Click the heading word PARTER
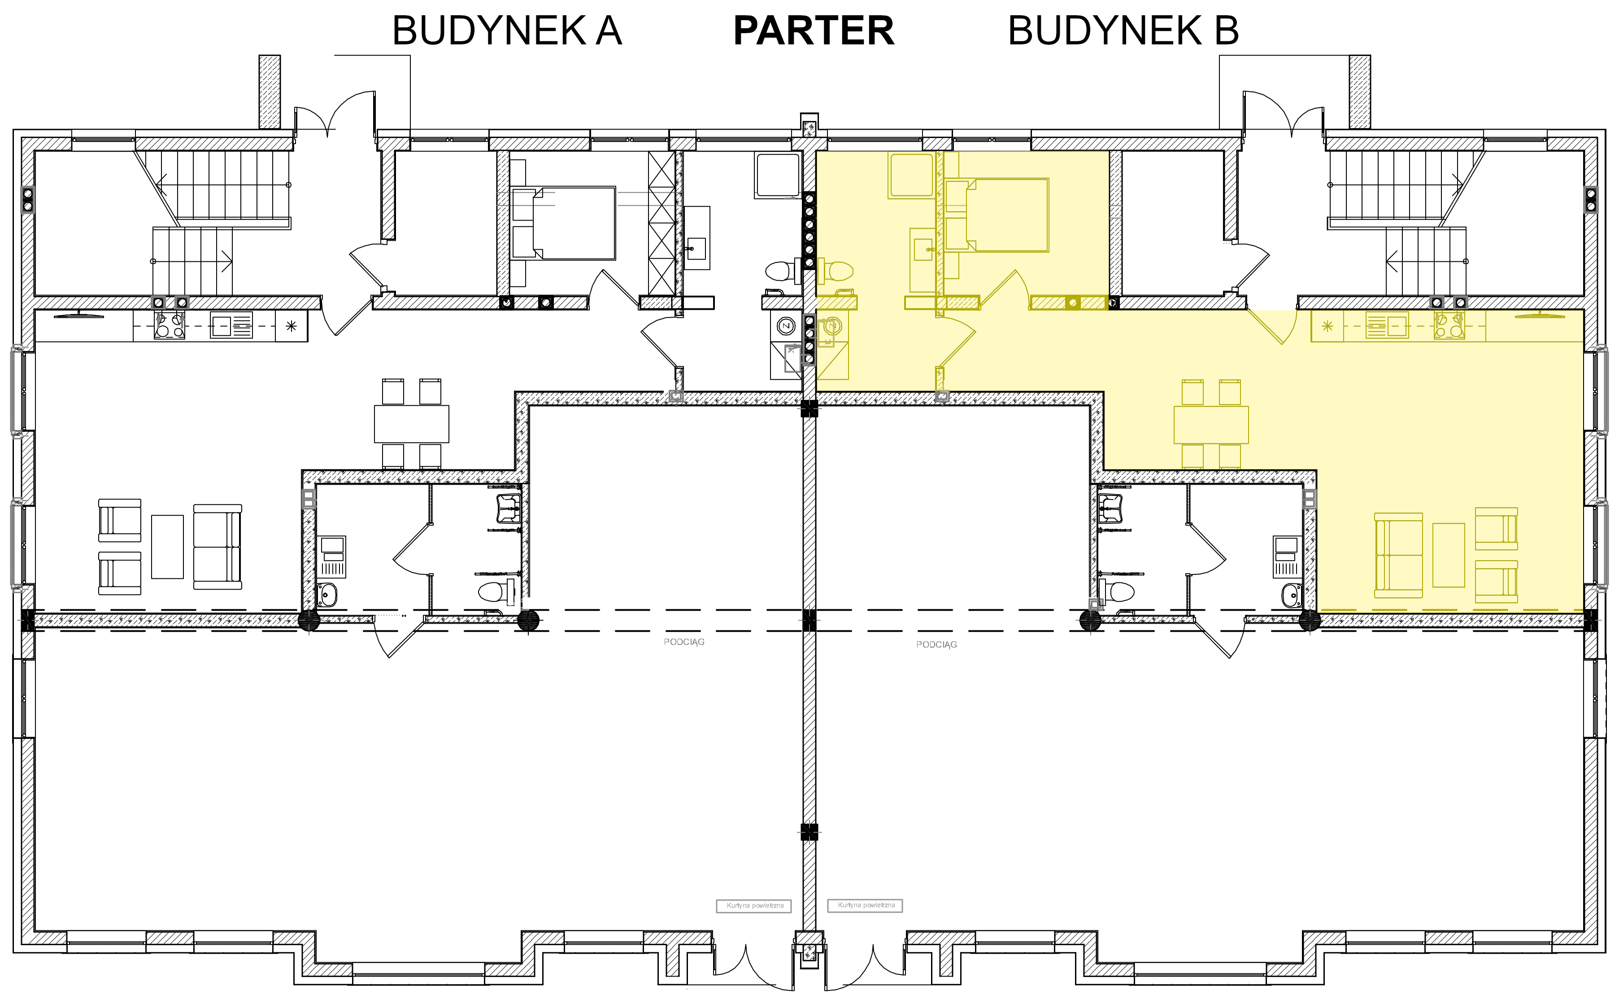coord(814,31)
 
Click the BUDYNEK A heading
coord(507,31)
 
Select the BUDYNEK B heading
coord(1123,31)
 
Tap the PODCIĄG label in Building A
coord(684,642)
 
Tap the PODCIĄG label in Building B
coord(936,644)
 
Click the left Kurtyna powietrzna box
coord(754,906)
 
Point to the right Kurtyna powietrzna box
coord(866,905)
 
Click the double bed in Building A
coord(564,223)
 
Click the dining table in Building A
coord(411,424)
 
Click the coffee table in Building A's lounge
coord(167,547)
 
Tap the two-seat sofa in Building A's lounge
coord(217,547)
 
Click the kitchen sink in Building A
coord(231,325)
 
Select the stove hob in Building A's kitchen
coord(169,325)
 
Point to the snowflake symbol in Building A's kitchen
coord(291,326)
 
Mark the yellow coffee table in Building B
coord(1449,555)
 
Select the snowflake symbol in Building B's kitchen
coord(1327,326)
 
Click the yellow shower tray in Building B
coord(911,175)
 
